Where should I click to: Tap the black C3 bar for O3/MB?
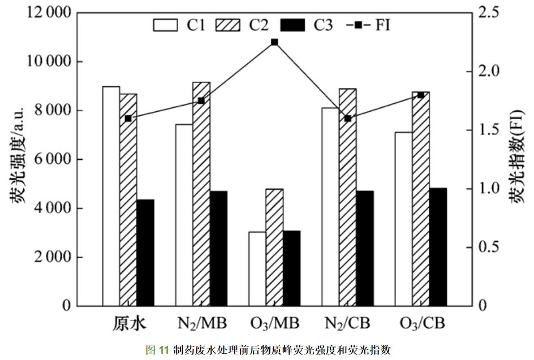[x=291, y=268]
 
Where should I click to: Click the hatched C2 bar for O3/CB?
[x=421, y=198]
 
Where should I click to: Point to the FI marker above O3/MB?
[x=274, y=42]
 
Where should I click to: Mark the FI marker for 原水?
[x=128, y=118]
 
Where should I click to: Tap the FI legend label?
[x=382, y=25]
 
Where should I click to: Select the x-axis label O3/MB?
[x=274, y=324]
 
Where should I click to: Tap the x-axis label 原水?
[x=128, y=324]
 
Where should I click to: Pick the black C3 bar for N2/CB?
[x=365, y=248]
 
